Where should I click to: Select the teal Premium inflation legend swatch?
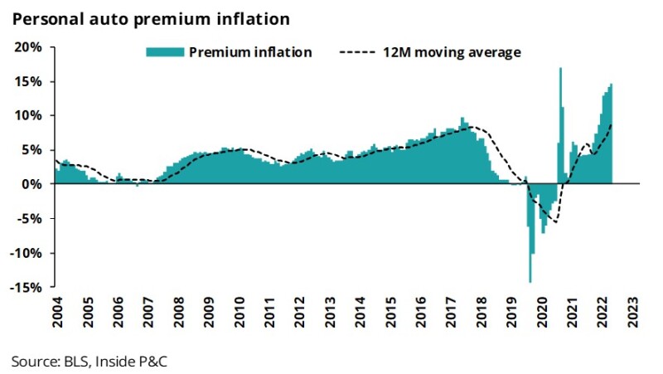165,52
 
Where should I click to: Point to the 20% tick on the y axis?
29,47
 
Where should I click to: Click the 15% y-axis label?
29,81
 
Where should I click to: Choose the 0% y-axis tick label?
32,184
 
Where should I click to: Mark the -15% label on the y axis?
27,287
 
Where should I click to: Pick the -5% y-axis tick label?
29,219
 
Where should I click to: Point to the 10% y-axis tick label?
29,115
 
